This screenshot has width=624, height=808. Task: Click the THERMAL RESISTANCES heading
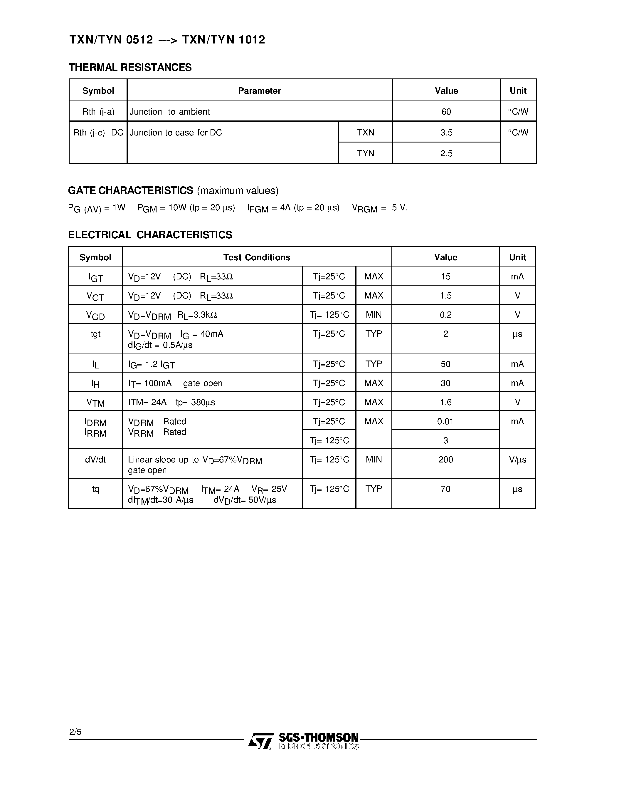[x=130, y=67]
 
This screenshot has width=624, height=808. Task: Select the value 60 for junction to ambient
[x=446, y=112]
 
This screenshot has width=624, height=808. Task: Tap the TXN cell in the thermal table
[x=366, y=133]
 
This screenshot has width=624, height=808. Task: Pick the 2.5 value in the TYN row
[x=446, y=153]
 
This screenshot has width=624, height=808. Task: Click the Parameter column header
[x=260, y=90]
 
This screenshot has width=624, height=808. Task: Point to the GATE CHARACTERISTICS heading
[x=130, y=190]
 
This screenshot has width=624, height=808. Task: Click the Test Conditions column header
[x=257, y=257]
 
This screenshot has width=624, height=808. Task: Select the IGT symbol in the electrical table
[x=95, y=277]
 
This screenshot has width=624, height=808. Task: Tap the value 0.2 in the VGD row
[x=446, y=315]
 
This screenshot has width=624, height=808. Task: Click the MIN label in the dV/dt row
[x=374, y=460]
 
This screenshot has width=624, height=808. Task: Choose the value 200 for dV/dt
[x=446, y=460]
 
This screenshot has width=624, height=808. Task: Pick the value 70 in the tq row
[x=446, y=489]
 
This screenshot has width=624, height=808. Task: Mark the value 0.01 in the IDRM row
[x=445, y=421]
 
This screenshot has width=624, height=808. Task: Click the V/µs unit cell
[x=517, y=460]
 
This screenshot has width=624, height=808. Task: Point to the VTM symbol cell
[x=95, y=403]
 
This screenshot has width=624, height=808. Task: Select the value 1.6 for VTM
[x=446, y=402]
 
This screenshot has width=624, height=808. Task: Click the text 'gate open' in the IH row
[x=203, y=383]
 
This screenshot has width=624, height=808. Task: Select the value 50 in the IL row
[x=445, y=364]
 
